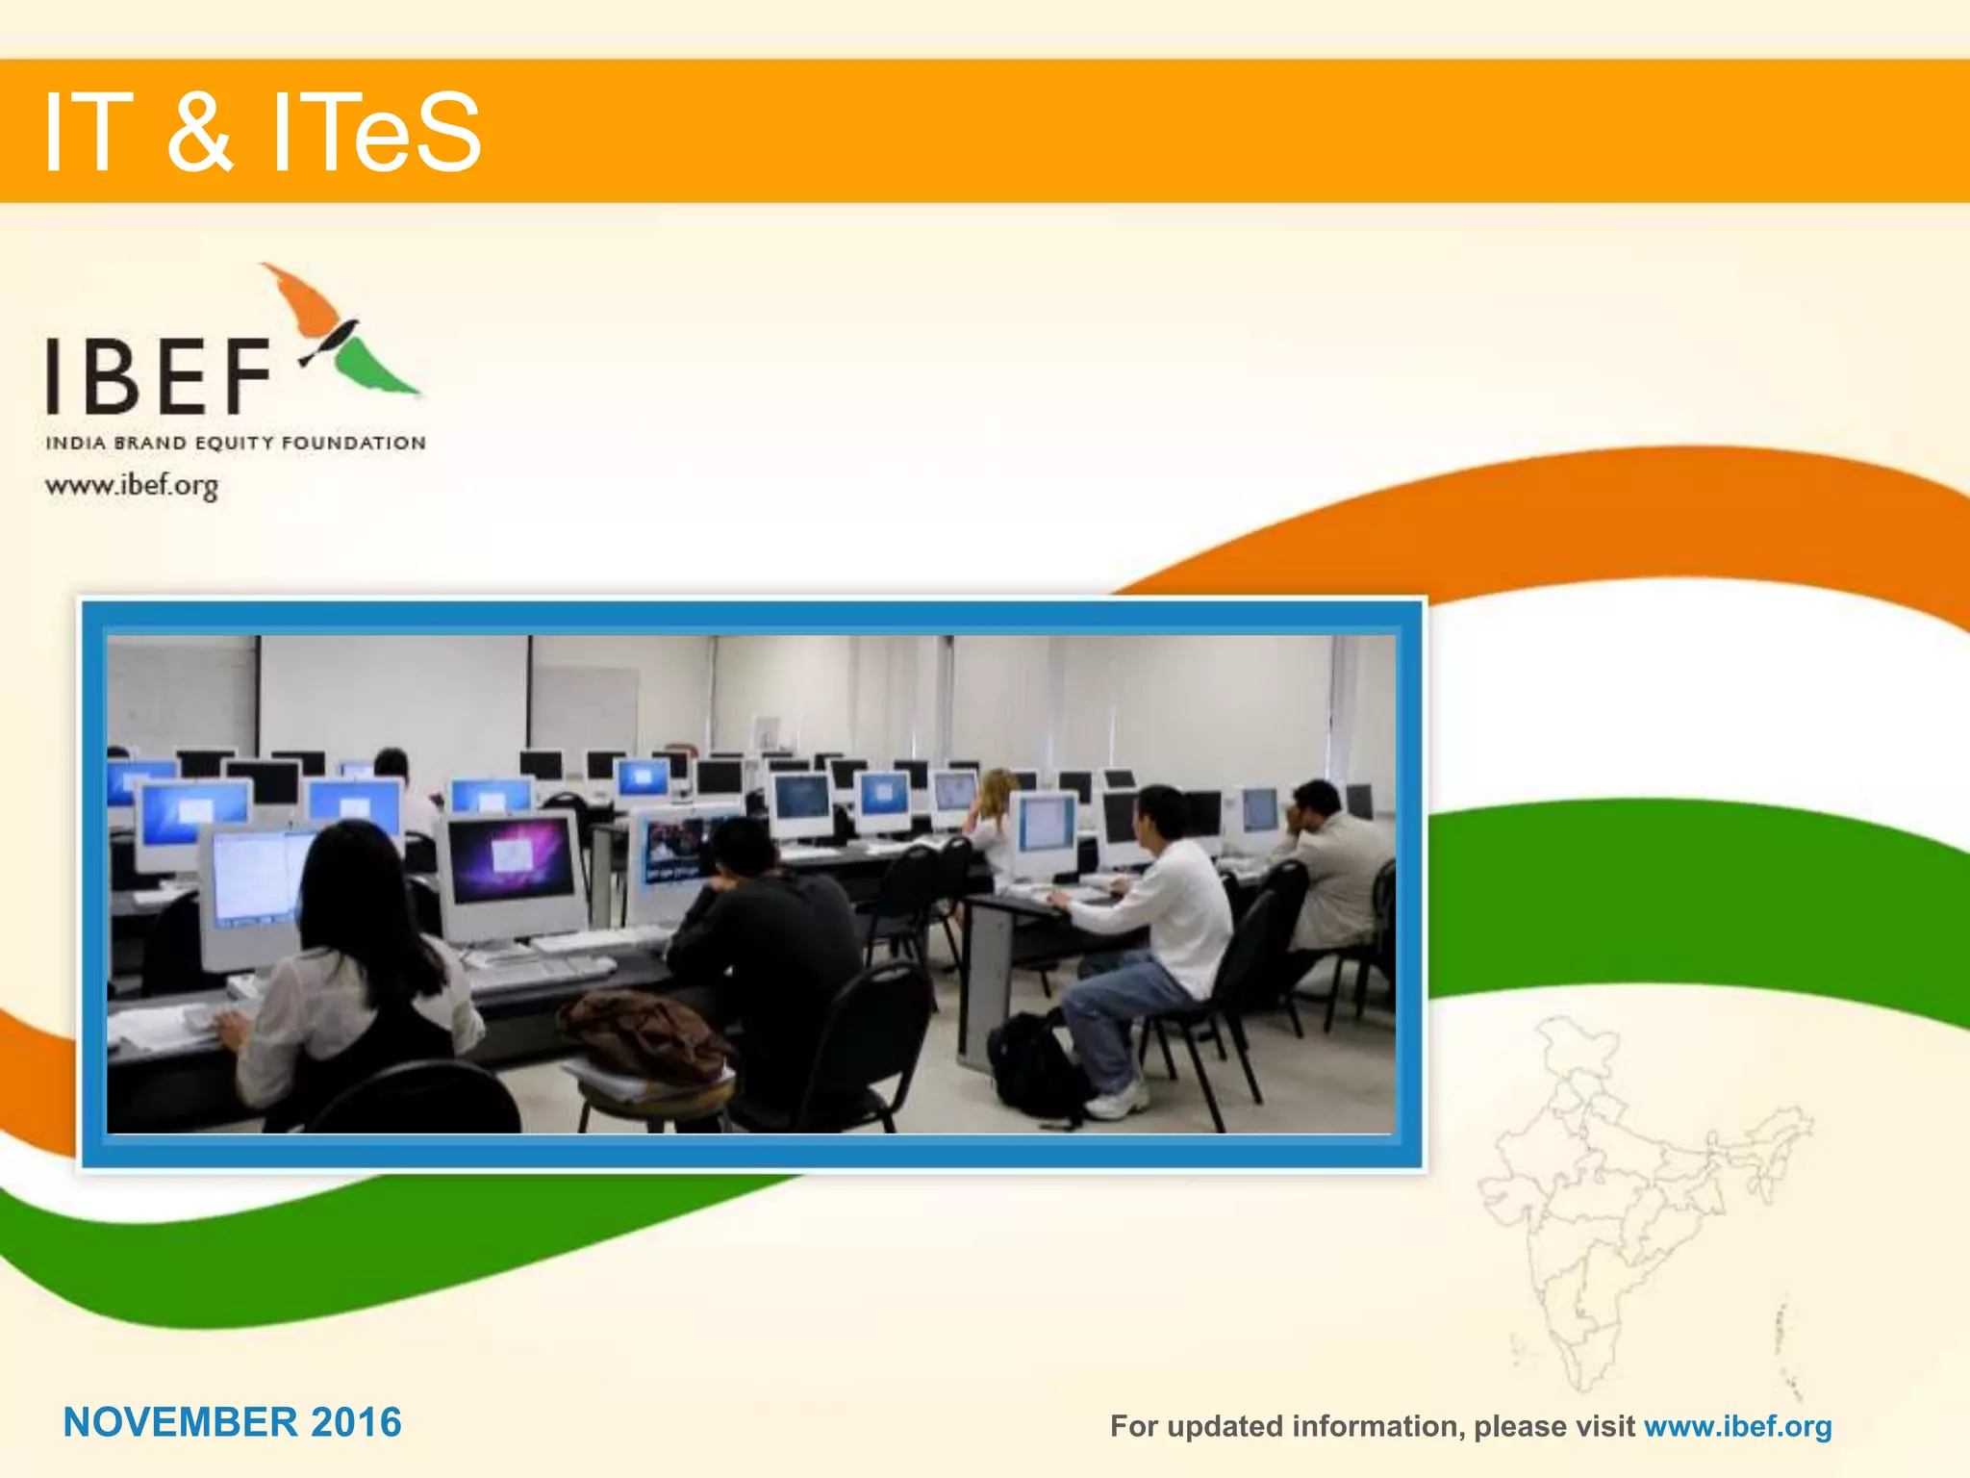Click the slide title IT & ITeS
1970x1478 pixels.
pos(262,132)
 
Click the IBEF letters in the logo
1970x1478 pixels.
pos(159,375)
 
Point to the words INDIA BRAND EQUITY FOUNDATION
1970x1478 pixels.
pos(236,444)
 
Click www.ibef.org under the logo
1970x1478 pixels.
pos(132,485)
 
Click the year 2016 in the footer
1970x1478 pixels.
pos(356,1422)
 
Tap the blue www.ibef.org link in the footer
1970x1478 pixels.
pos(1737,1426)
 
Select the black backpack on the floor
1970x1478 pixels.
pos(1034,1068)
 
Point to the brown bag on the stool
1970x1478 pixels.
pos(644,1034)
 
